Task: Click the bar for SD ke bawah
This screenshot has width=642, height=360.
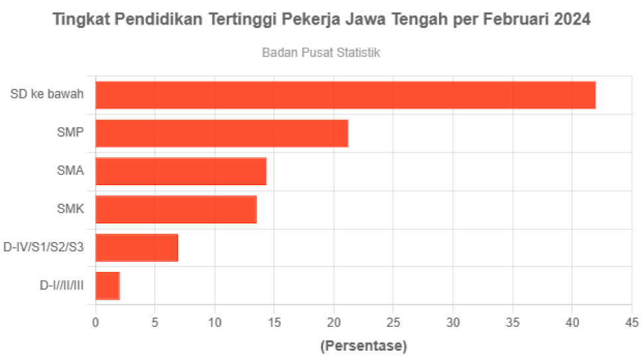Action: [346, 95]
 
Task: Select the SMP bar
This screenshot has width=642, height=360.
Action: [222, 133]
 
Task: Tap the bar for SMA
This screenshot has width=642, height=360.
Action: [181, 171]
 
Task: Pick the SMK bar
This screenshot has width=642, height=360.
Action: [176, 210]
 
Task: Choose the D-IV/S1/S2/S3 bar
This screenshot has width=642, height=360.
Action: [137, 247]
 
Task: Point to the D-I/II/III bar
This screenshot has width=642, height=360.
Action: [108, 286]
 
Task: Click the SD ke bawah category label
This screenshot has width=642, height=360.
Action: [47, 94]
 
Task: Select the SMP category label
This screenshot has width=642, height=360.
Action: [70, 133]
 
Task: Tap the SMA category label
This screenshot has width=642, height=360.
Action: [70, 171]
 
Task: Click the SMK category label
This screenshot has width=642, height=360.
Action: [70, 210]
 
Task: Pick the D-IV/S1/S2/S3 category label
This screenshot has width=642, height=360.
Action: [44, 248]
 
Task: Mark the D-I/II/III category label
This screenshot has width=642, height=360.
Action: [62, 286]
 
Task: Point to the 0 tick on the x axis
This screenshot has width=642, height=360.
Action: [96, 323]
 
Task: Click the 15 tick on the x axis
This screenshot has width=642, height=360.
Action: [275, 323]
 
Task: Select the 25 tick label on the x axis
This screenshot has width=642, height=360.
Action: [393, 323]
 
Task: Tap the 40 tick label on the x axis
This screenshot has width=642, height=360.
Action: [572, 323]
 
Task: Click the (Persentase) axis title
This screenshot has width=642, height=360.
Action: [363, 346]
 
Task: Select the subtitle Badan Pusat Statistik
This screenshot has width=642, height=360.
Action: [321, 52]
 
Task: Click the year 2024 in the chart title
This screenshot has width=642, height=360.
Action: [572, 20]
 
